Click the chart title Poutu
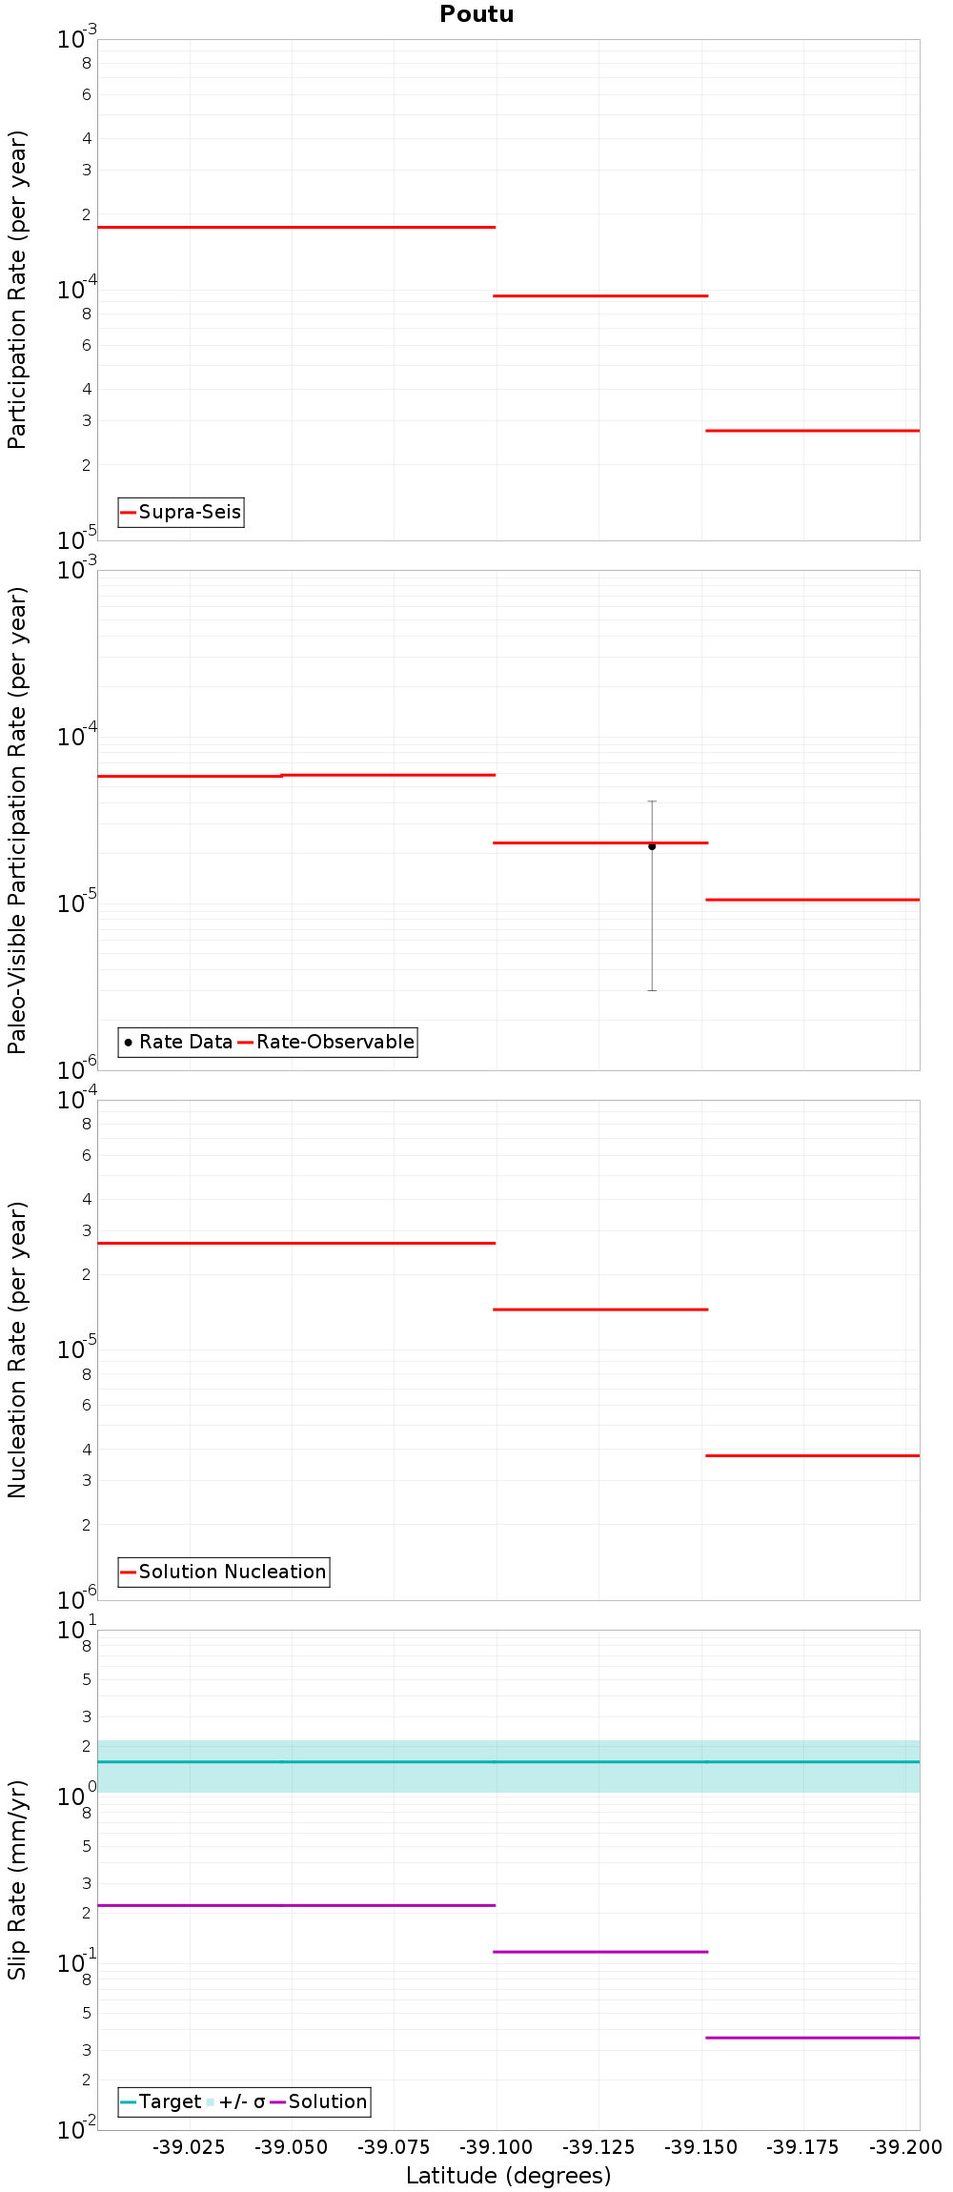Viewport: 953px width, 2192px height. tap(476, 14)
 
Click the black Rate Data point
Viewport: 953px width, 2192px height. tap(652, 846)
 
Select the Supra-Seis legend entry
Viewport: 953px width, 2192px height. tap(181, 512)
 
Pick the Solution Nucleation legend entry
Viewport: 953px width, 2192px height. tap(224, 1572)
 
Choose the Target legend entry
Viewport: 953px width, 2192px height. tap(161, 2101)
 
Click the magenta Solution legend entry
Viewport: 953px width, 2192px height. tap(318, 2101)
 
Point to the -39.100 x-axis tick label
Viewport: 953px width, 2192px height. tap(497, 2147)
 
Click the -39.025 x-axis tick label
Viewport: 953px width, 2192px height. tap(190, 2147)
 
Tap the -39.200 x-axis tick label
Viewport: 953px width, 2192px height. tap(906, 2147)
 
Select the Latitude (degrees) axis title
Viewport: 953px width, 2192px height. tap(509, 2176)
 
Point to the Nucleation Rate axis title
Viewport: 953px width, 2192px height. tap(17, 1350)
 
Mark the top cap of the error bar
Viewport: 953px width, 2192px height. tap(652, 802)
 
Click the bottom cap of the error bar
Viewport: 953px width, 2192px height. tap(652, 990)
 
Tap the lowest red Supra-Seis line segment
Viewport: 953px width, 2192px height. tap(813, 431)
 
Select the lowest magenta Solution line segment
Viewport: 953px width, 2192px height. tap(813, 2038)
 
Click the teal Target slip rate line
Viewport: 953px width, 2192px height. tap(509, 1761)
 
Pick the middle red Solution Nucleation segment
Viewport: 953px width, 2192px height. tap(600, 1309)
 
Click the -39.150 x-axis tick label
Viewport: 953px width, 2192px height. tap(701, 2147)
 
